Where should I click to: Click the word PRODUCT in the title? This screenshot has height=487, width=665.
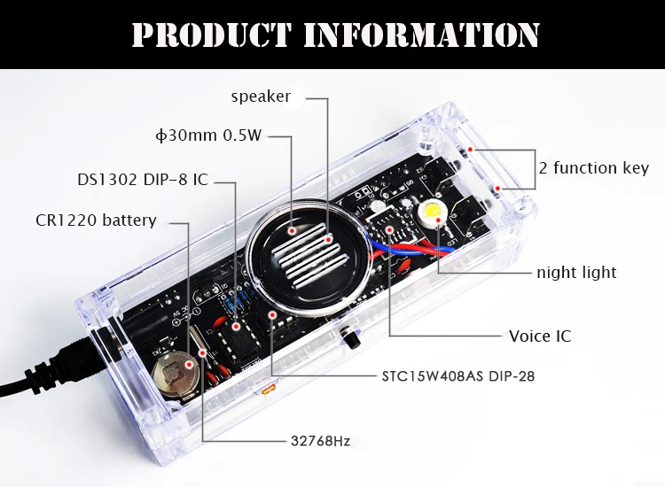click(x=210, y=35)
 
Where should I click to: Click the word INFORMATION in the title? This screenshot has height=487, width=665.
click(x=421, y=35)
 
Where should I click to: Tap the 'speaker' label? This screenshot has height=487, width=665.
click(x=261, y=97)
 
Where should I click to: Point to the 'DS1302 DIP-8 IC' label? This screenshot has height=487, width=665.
click(x=142, y=180)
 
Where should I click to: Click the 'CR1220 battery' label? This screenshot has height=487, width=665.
click(x=96, y=220)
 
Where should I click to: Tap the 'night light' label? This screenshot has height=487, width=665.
click(x=576, y=272)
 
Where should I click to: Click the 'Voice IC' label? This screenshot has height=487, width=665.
click(x=540, y=336)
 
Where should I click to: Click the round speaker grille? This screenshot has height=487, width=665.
click(x=301, y=252)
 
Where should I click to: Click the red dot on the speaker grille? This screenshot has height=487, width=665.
click(x=327, y=239)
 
